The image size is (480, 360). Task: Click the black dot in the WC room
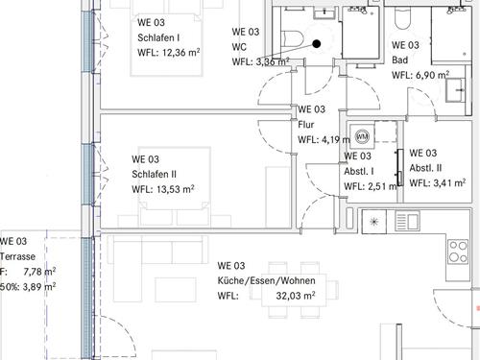click(317, 44)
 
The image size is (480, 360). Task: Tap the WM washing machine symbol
click(362, 137)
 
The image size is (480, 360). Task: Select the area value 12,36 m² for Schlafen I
click(180, 52)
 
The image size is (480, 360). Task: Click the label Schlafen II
click(154, 174)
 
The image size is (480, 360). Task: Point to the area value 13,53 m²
click(175, 189)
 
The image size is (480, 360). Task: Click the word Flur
click(306, 125)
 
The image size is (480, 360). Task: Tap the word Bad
click(400, 60)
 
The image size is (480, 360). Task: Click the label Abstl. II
click(425, 168)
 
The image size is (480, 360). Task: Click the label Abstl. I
click(359, 171)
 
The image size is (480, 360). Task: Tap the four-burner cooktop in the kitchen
click(458, 252)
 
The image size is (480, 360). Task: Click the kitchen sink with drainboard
click(407, 221)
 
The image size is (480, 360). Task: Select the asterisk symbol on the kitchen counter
click(373, 222)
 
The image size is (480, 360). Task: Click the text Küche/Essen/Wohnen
click(266, 280)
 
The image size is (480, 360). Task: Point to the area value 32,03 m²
click(296, 296)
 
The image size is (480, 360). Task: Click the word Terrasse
click(17, 256)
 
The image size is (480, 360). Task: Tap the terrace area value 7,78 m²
click(39, 272)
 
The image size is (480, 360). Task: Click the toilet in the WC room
click(292, 38)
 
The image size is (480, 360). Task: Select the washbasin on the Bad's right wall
click(455, 90)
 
